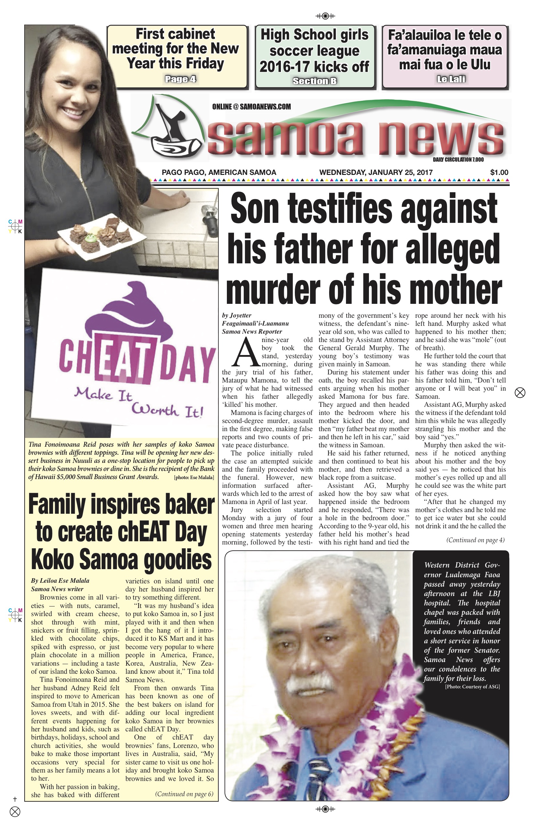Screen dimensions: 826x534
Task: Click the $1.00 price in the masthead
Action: click(x=499, y=172)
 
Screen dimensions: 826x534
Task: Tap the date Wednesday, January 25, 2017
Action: click(x=376, y=172)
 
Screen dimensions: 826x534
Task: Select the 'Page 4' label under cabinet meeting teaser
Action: click(x=180, y=79)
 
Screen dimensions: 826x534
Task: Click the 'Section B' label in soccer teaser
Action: click(x=315, y=81)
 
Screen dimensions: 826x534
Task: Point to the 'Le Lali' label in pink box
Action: click(x=451, y=79)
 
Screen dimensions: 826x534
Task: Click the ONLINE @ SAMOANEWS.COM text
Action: click(x=251, y=107)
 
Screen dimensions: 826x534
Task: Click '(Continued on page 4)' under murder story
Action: click(x=475, y=540)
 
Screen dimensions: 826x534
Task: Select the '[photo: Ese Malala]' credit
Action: click(x=194, y=477)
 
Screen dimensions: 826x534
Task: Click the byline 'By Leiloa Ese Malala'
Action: click(x=60, y=580)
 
